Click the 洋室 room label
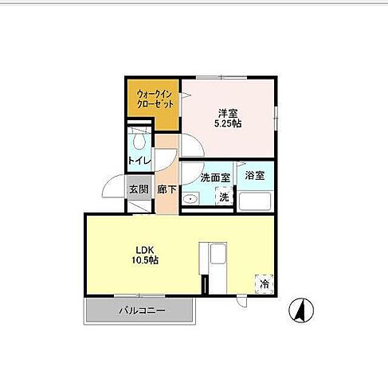(228, 114)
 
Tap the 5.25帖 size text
(228, 123)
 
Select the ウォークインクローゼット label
(155, 99)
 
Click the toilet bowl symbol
(139, 141)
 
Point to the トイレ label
(139, 161)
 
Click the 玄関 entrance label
(139, 189)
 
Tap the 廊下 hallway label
(167, 189)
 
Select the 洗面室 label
(215, 177)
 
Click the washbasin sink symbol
(190, 198)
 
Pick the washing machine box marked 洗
(225, 196)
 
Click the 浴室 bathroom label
(255, 175)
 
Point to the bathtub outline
(255, 201)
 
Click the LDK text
(145, 250)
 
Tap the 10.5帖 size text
(145, 260)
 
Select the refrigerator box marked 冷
(265, 284)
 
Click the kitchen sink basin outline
(218, 254)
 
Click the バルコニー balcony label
(142, 310)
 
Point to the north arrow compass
(301, 310)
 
